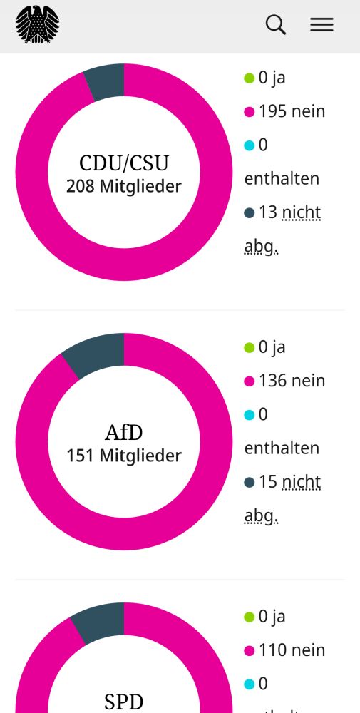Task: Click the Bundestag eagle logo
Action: tap(37, 24)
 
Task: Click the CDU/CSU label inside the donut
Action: tap(124, 163)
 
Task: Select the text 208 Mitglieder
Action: tap(124, 187)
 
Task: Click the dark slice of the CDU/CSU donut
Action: tap(105, 81)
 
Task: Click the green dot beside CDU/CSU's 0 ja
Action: tap(250, 78)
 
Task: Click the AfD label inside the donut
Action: tap(124, 432)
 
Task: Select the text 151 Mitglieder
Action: tap(124, 456)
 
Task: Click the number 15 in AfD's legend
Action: tap(267, 482)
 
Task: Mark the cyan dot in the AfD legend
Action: tap(250, 415)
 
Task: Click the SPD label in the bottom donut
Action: tap(124, 702)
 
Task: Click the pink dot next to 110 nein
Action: tap(250, 651)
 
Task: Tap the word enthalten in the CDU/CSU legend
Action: tap(282, 179)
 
